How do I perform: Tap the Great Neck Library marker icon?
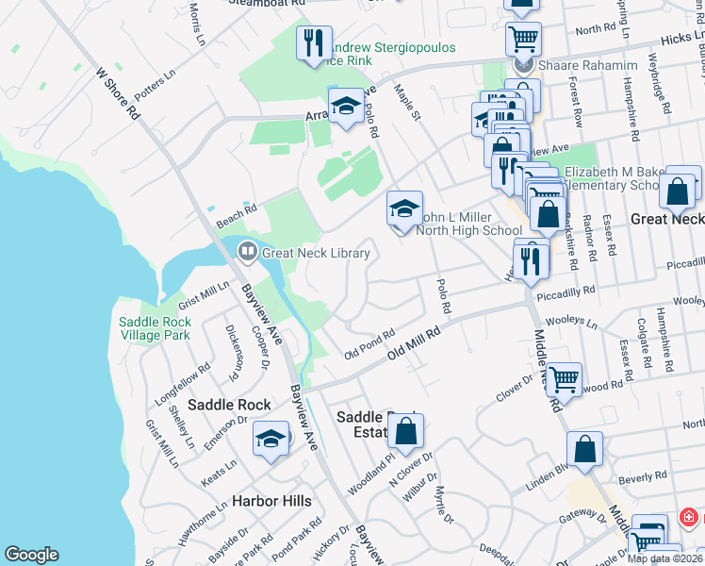[x=248, y=252]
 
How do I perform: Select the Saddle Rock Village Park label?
[x=156, y=328]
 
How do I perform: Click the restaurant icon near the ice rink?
[x=313, y=43]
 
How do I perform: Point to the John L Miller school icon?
[x=404, y=209]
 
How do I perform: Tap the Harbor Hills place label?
[x=271, y=501]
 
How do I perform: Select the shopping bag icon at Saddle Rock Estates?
[x=406, y=432]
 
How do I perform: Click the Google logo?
[x=31, y=555]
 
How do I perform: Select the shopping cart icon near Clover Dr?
[x=564, y=379]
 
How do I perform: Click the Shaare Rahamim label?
[x=587, y=65]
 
